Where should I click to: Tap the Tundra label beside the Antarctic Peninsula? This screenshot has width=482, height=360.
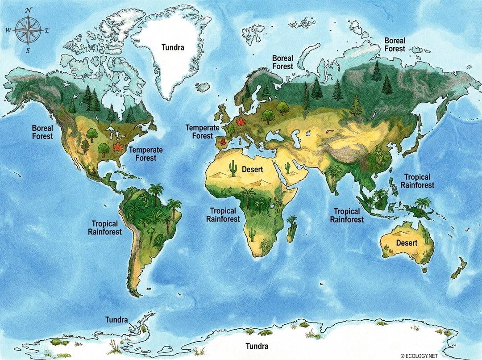(116, 320)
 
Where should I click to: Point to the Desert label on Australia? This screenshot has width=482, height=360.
(407, 243)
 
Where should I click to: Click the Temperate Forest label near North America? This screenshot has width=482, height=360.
(146, 154)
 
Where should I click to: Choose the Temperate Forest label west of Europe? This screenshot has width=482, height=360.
(203, 131)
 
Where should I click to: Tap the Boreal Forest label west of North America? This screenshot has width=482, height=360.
(42, 132)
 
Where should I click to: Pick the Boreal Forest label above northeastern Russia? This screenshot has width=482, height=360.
(395, 45)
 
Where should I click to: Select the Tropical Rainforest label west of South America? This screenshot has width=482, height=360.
(105, 228)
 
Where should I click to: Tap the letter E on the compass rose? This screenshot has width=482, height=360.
(47, 30)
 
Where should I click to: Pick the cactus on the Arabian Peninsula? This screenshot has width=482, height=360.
(287, 167)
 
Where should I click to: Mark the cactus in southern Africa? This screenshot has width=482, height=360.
(252, 233)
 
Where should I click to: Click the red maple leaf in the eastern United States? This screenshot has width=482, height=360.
(118, 147)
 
